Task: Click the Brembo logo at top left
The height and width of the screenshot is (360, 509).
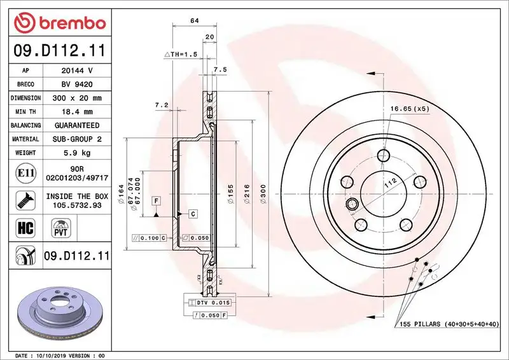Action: (x=59, y=23)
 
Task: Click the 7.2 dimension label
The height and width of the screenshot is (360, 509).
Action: (x=161, y=104)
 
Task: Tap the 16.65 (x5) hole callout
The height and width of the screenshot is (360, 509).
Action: (x=410, y=109)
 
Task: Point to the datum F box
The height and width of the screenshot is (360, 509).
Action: (x=155, y=201)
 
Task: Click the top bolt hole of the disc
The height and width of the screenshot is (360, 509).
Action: (x=383, y=155)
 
